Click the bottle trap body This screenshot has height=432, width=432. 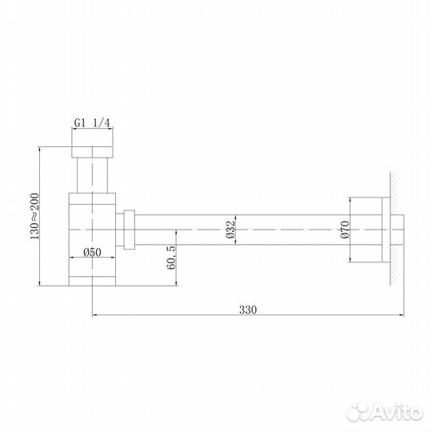(93, 240)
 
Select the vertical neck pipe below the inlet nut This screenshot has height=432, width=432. (93, 177)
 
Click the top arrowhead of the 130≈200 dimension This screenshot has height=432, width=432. (40, 150)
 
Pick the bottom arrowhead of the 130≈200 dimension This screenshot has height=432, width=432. (40, 282)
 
